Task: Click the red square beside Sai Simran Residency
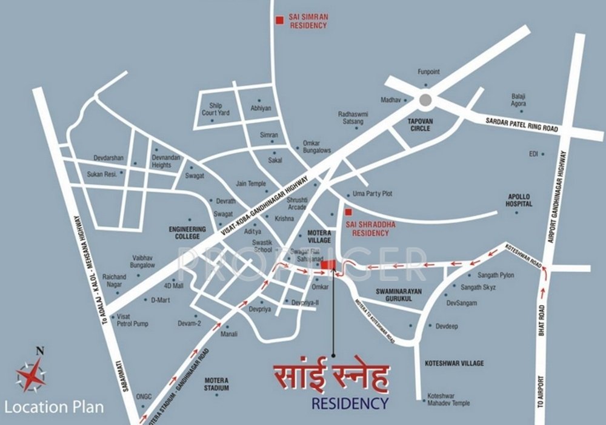[279, 21]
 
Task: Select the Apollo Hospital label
[519, 200]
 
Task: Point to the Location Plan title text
[54, 407]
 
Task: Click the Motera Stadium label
[216, 384]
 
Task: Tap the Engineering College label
[187, 232]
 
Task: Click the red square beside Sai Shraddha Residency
[348, 212]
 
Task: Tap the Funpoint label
[428, 72]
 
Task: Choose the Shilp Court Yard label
[216, 109]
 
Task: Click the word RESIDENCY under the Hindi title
[349, 402]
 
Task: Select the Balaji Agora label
[519, 99]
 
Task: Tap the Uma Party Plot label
[372, 194]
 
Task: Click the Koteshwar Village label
[451, 363]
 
